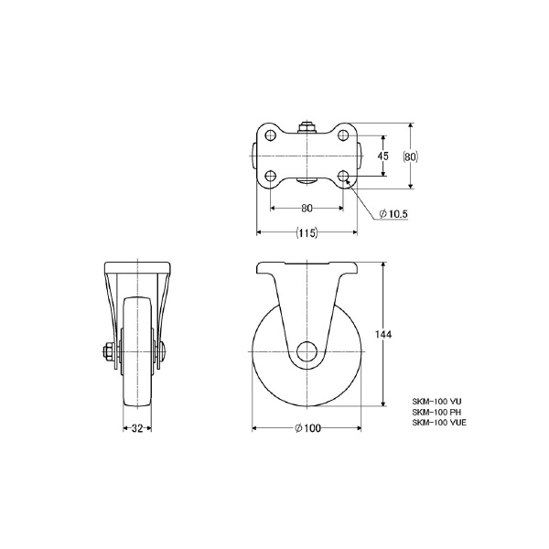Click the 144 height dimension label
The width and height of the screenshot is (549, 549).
coord(383,334)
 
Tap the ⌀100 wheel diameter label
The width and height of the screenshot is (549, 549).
coord(307,428)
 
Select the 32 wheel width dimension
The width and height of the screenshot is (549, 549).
coord(137,428)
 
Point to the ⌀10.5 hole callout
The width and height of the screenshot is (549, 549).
coord(393,213)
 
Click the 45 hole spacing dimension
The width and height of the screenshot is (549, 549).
coord(383,156)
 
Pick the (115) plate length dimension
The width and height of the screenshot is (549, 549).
coord(307,232)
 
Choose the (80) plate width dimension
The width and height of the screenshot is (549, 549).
coord(410,156)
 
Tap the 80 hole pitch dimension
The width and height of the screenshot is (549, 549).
coord(307,208)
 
